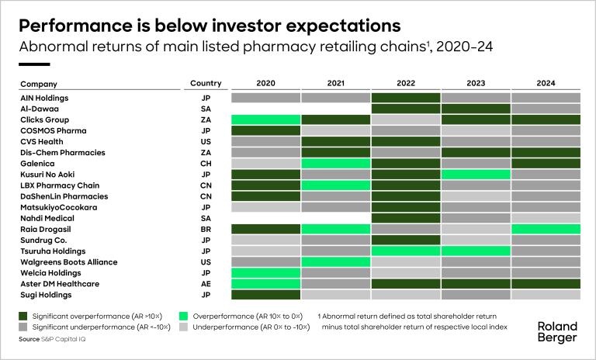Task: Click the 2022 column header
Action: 405,83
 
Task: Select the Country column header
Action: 206,83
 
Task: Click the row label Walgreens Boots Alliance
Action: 68,262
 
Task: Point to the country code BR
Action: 206,230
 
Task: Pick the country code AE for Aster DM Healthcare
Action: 206,284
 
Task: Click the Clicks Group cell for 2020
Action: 265,120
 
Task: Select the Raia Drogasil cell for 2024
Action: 546,230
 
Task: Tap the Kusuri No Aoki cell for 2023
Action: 476,175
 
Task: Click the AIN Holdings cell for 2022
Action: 405,98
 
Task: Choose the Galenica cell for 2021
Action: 335,164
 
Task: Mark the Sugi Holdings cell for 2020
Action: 265,295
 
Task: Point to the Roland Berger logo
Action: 556,331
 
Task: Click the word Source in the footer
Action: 29,339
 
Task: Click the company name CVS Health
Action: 42,142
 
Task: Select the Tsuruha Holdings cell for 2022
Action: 405,251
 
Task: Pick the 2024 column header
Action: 546,83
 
